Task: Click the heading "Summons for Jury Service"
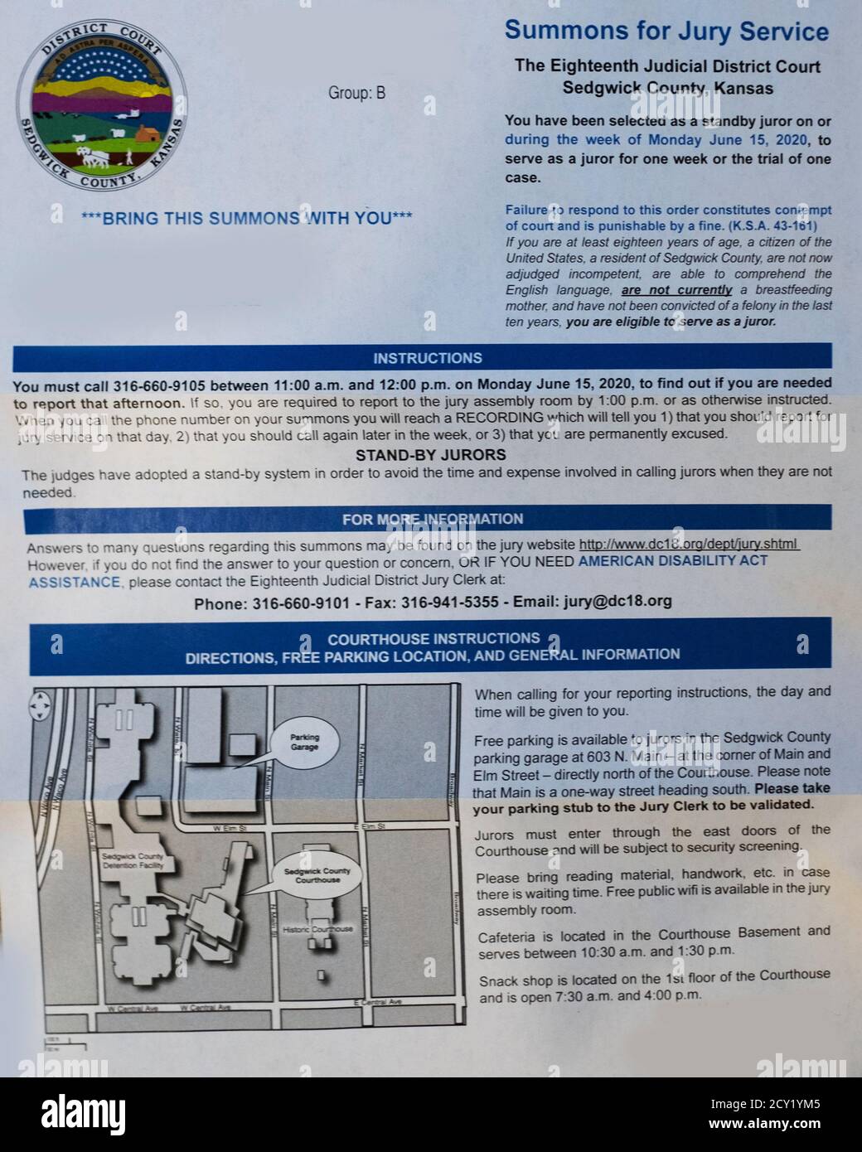coord(666,31)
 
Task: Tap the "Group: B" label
coord(356,93)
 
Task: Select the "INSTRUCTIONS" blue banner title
coord(427,358)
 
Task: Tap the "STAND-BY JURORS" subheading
coord(430,455)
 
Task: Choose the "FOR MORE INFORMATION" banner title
coord(433,520)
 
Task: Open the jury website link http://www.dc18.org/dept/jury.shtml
coord(688,545)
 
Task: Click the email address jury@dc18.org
coord(606,602)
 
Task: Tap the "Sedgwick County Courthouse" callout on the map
coord(317,875)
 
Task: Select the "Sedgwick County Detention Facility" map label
coord(133,860)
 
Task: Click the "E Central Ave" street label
coord(377,1003)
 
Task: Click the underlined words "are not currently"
coord(676,290)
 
